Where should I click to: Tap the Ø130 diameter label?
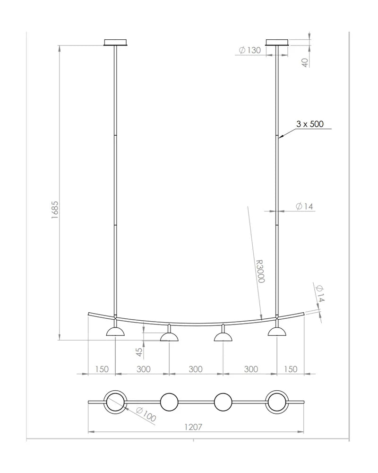pos(249,50)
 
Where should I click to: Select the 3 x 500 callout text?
pos(309,123)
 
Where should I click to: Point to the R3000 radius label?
pos(260,271)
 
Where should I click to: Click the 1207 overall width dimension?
pos(193,427)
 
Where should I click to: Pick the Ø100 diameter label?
pos(146,414)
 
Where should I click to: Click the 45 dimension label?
pos(139,352)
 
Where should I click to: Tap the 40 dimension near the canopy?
pos(305,62)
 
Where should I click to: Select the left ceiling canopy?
pos(115,43)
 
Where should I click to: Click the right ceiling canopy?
pos(277,43)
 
